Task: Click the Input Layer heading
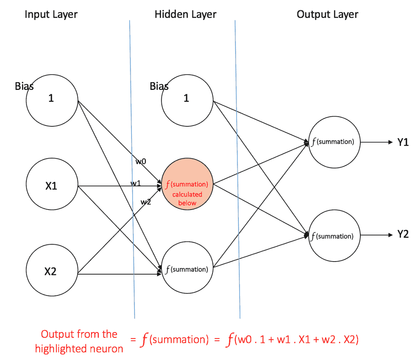tap(51, 15)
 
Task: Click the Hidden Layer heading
tap(185, 15)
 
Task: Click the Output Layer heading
tap(327, 15)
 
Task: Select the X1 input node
tap(52, 186)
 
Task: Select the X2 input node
tap(52, 272)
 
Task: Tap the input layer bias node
tap(52, 99)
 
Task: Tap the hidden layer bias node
tap(187, 99)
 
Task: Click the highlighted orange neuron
tap(187, 186)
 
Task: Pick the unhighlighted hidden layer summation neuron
tap(187, 268)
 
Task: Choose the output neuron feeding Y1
tap(334, 142)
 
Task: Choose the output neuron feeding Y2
tap(334, 236)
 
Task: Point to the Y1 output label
tap(403, 142)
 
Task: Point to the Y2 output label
tap(403, 234)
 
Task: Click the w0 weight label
tap(141, 161)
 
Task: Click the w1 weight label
tap(135, 183)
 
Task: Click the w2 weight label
tap(146, 202)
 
